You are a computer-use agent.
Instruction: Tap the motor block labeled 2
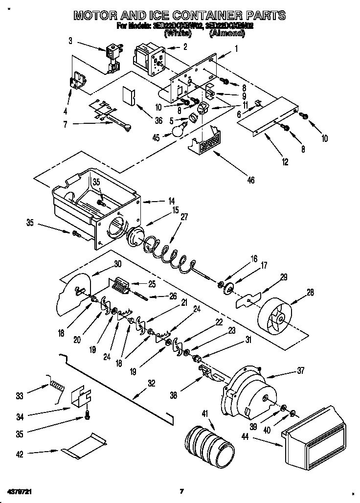click(x=149, y=57)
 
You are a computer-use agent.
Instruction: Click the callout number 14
click(x=157, y=201)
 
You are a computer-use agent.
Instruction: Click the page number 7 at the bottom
click(x=181, y=491)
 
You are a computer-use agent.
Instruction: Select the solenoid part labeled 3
click(x=113, y=56)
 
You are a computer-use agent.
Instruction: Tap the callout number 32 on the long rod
click(x=152, y=384)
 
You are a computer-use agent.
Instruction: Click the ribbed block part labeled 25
click(x=120, y=285)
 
